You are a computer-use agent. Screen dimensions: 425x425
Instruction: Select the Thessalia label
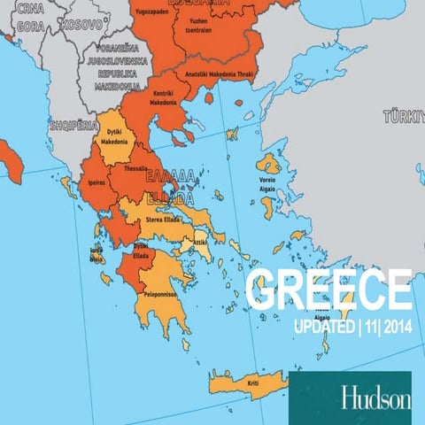(x=135, y=168)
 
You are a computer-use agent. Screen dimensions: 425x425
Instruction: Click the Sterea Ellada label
(x=164, y=217)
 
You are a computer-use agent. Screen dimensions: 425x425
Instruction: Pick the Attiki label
(x=200, y=241)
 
